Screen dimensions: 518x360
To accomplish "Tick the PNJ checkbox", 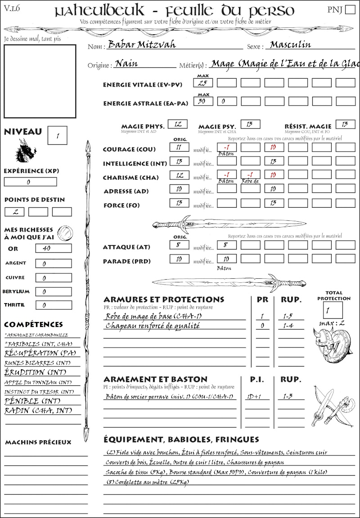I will [x=349, y=10].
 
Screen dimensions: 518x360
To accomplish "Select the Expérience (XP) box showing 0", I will [x=30, y=182].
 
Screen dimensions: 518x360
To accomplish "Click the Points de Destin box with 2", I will [x=14, y=212].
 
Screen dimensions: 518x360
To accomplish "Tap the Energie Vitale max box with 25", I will [x=203, y=83].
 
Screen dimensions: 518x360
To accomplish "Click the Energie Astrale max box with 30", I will [x=203, y=102].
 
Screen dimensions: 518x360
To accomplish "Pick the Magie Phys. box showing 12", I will [x=177, y=124].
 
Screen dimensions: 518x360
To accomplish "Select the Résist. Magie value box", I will [x=345, y=124].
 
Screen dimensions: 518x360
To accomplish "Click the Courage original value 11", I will [x=179, y=147].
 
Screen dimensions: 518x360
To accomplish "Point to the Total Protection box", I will [x=333, y=310].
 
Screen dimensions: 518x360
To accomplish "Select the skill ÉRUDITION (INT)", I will [x=31, y=372].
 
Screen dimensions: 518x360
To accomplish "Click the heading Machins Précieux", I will [x=38, y=442].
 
